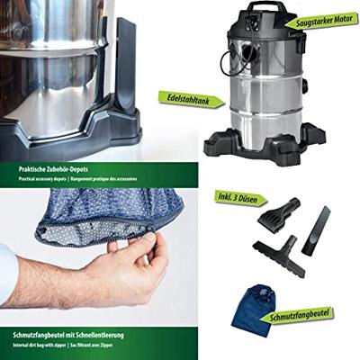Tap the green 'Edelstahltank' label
tap(188, 96)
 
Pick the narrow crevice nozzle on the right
tap(316, 230)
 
